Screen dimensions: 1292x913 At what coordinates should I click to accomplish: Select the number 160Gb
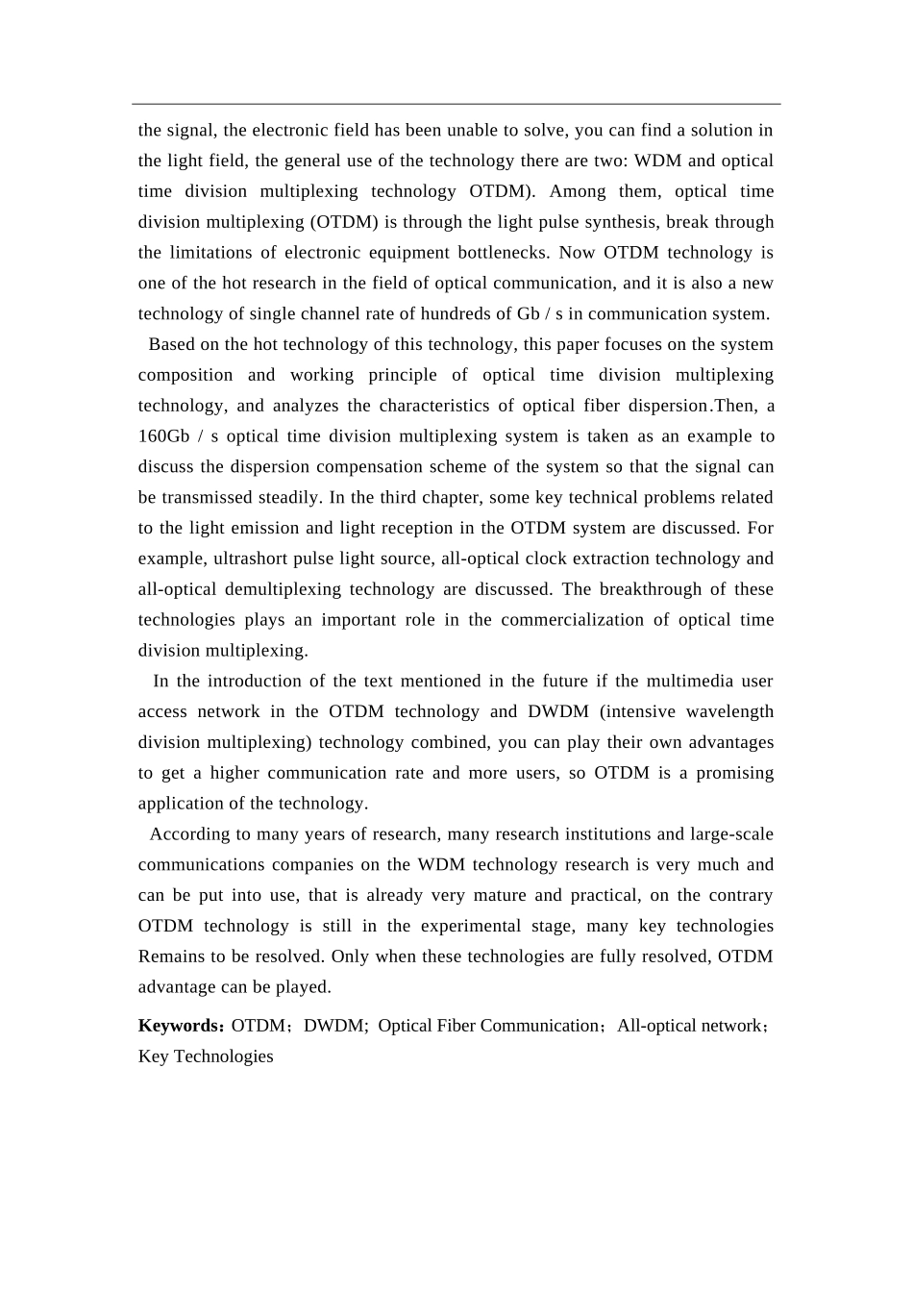(164, 436)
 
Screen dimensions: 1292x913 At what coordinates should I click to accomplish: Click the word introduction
(253, 682)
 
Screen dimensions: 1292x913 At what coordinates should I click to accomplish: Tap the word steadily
(289, 498)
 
